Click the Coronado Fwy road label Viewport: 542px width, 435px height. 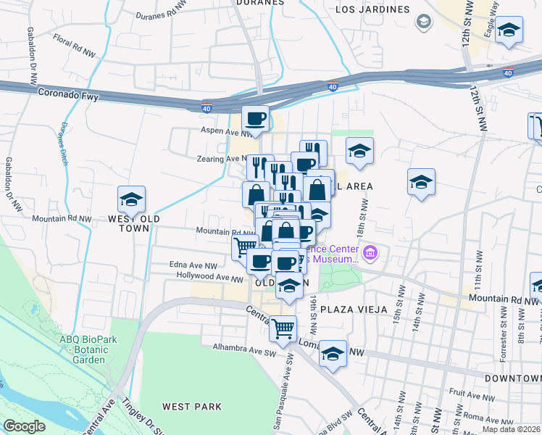coord(68,94)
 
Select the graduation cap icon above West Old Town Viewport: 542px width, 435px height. coord(131,199)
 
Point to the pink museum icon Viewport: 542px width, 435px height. coord(371,252)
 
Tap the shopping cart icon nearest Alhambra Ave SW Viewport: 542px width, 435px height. coord(283,328)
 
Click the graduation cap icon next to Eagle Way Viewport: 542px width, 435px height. coord(509,30)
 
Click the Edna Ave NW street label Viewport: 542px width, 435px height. coord(193,266)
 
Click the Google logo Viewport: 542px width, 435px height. coord(25,426)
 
